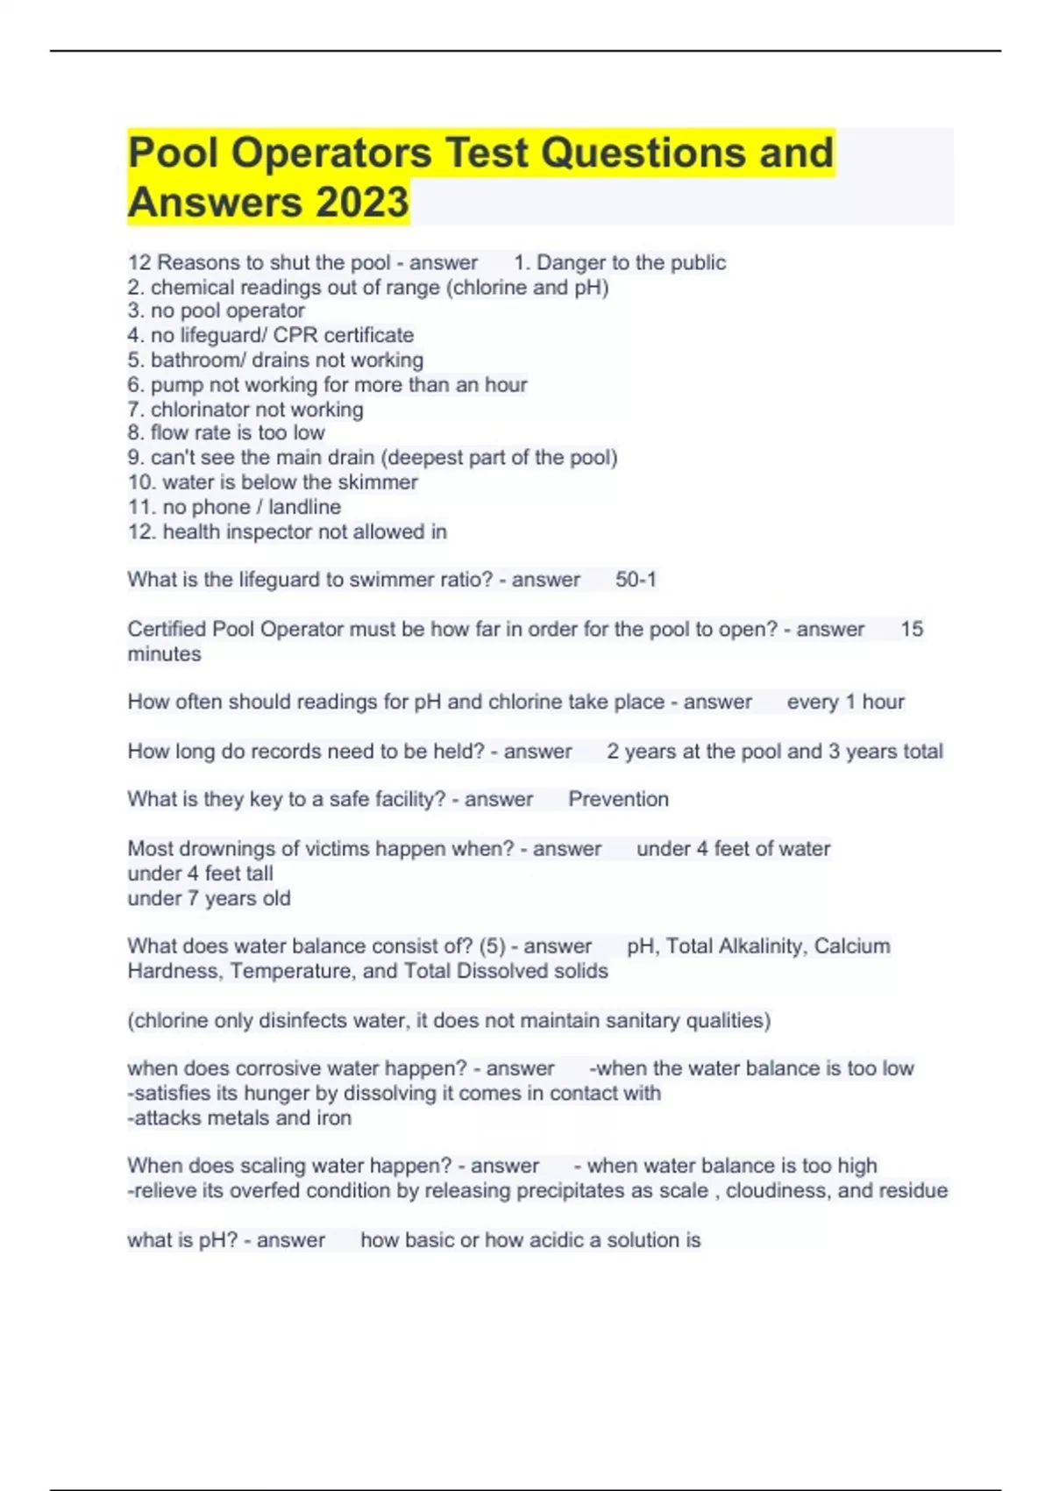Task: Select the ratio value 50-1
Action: coord(636,580)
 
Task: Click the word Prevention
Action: coord(618,799)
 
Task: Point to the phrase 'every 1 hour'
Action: coord(845,702)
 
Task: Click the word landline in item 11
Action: coord(304,507)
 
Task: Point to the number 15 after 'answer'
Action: coord(912,629)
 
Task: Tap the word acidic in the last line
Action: coord(542,1240)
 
